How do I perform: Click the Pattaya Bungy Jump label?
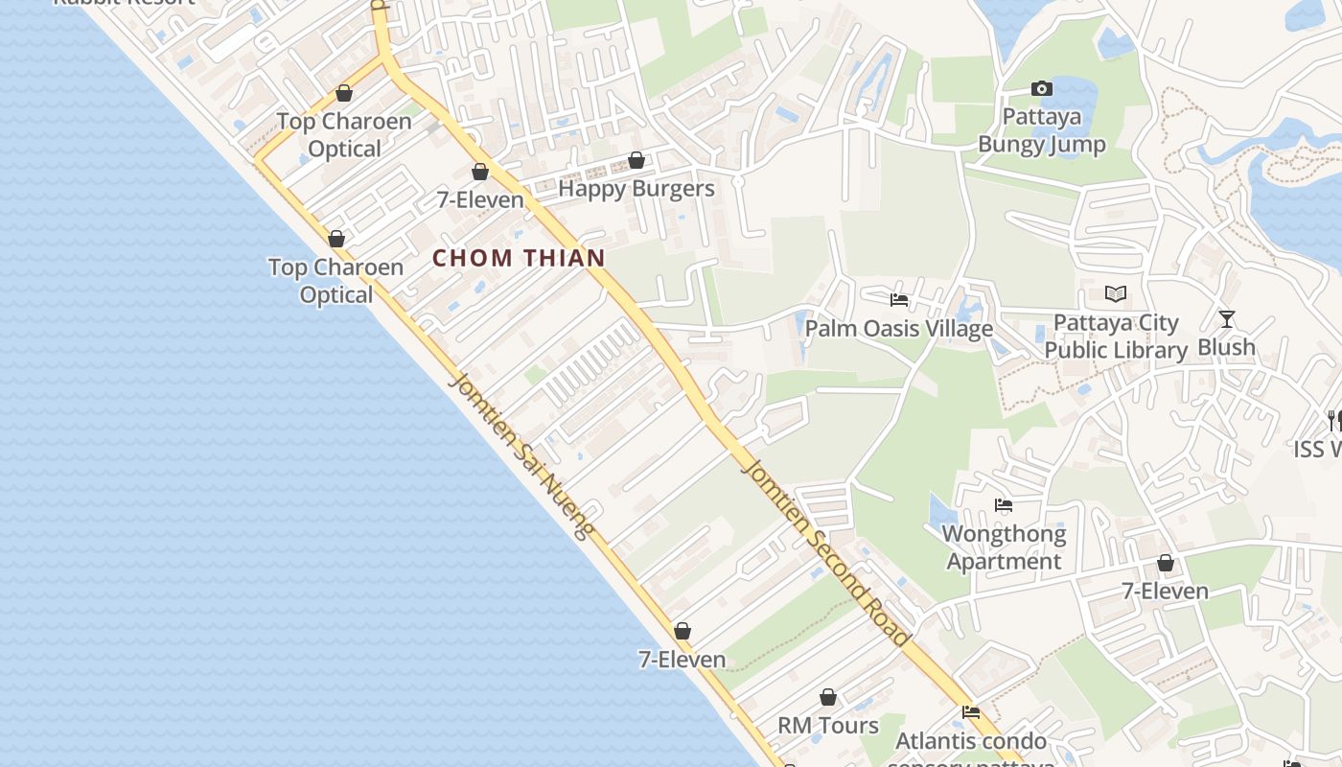pyautogui.click(x=1041, y=131)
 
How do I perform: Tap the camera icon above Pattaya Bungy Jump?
pyautogui.click(x=1042, y=89)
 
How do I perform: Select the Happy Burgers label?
pyautogui.click(x=636, y=189)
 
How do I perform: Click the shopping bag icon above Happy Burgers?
pyautogui.click(x=636, y=160)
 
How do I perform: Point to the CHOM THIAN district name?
pyautogui.click(x=519, y=258)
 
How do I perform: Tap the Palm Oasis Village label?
pyautogui.click(x=898, y=329)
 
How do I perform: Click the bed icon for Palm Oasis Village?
pyautogui.click(x=899, y=300)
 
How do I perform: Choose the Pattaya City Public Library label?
pyautogui.click(x=1116, y=337)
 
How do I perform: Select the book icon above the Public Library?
pyautogui.click(x=1116, y=293)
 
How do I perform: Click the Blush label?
pyautogui.click(x=1226, y=347)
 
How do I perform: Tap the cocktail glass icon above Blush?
pyautogui.click(x=1227, y=319)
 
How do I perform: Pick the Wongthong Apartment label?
pyautogui.click(x=1004, y=547)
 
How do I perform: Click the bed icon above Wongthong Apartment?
pyautogui.click(x=1004, y=505)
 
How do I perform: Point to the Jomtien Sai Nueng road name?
pyautogui.click(x=522, y=455)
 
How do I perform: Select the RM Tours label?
pyautogui.click(x=827, y=726)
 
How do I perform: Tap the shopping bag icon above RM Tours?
pyautogui.click(x=828, y=697)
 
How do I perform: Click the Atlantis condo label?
pyautogui.click(x=971, y=741)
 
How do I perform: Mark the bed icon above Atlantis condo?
pyautogui.click(x=971, y=712)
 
